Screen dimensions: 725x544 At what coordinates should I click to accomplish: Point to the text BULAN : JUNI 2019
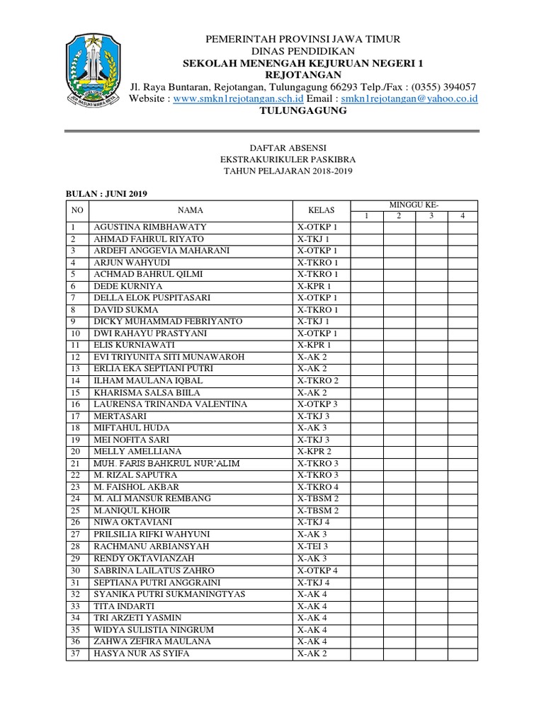pyautogui.click(x=106, y=194)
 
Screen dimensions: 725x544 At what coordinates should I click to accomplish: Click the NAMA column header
pyautogui.click(x=191, y=210)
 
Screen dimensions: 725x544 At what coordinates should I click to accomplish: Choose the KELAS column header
pyautogui.click(x=321, y=210)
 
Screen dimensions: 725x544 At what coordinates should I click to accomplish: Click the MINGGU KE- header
pyautogui.click(x=414, y=205)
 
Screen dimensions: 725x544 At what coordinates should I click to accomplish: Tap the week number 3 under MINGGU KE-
pyautogui.click(x=431, y=216)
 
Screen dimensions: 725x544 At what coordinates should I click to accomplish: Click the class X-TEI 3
pyautogui.click(x=313, y=547)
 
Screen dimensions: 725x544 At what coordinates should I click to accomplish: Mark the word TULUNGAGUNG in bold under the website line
pyautogui.click(x=302, y=111)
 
